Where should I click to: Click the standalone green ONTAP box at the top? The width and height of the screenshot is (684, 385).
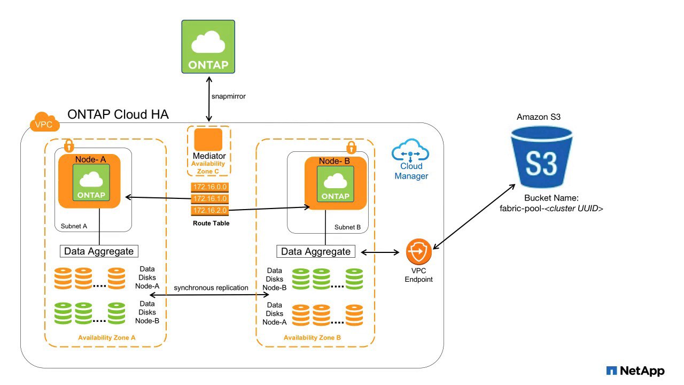(x=208, y=47)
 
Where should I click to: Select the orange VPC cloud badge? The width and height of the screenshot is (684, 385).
(x=44, y=124)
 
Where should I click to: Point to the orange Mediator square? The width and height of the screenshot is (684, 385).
(x=208, y=140)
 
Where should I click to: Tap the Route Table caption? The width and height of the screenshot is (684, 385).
(x=211, y=223)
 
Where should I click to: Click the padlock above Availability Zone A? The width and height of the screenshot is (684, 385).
(x=68, y=145)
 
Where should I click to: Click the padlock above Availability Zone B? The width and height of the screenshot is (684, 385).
(x=351, y=147)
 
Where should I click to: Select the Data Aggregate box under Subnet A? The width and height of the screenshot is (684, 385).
(x=98, y=250)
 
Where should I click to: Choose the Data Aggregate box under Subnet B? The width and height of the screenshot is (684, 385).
(x=316, y=251)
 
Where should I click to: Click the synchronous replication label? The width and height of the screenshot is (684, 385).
(x=211, y=288)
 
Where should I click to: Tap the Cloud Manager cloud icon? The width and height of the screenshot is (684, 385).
(x=410, y=152)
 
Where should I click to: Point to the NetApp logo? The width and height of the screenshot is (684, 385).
(x=635, y=371)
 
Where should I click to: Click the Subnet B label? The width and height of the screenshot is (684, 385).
(x=347, y=227)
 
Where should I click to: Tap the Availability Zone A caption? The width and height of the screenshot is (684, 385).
(x=106, y=337)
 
